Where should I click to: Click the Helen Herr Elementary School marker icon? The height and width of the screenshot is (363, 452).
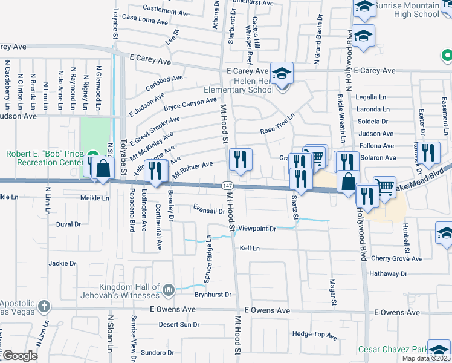pyautogui.click(x=282, y=73)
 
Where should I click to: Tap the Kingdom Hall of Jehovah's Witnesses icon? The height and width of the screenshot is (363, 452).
pyautogui.click(x=168, y=290)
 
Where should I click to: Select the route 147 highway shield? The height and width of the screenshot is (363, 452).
pyautogui.click(x=225, y=185)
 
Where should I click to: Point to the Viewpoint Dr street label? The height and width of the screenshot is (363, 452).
pyautogui.click(x=257, y=229)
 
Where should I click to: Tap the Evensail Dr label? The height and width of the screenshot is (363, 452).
pyautogui.click(x=209, y=211)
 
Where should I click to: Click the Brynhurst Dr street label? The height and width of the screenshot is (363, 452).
pyautogui.click(x=213, y=295)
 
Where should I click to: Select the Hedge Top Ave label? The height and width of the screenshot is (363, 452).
pyautogui.click(x=314, y=334)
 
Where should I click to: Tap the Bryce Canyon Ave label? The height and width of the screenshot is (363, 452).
pyautogui.click(x=190, y=105)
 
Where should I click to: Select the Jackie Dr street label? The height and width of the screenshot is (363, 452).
pyautogui.click(x=63, y=263)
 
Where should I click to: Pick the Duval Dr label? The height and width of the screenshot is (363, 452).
pyautogui.click(x=68, y=224)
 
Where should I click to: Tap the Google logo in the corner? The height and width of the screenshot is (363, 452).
pyautogui.click(x=21, y=356)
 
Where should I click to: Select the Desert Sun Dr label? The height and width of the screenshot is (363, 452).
pyautogui.click(x=179, y=325)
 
